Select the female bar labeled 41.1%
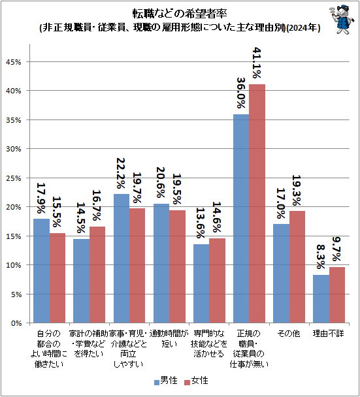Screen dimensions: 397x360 pyautogui.click(x=257, y=203)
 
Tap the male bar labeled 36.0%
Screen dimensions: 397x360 pyautogui.click(x=241, y=218)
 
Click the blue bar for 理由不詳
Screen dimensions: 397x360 pyautogui.click(x=321, y=298)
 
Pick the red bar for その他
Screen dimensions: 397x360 pyautogui.click(x=297, y=266)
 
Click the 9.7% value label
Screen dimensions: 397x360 pyautogui.click(x=337, y=249)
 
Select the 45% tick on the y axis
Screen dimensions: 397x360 pyautogui.click(x=14, y=62)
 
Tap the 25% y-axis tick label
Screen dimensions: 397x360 pyautogui.click(x=14, y=178)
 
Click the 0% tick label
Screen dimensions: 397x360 pyautogui.click(x=16, y=323)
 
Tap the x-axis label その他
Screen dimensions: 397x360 pyautogui.click(x=289, y=334)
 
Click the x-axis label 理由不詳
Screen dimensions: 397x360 pyautogui.click(x=329, y=334)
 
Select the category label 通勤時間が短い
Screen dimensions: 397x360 pyautogui.click(x=169, y=339)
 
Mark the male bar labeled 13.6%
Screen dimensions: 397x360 pyautogui.click(x=201, y=283)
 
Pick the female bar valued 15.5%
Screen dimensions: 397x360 pyautogui.click(x=57, y=278)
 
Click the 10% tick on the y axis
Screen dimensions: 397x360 pyautogui.click(x=14, y=265)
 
